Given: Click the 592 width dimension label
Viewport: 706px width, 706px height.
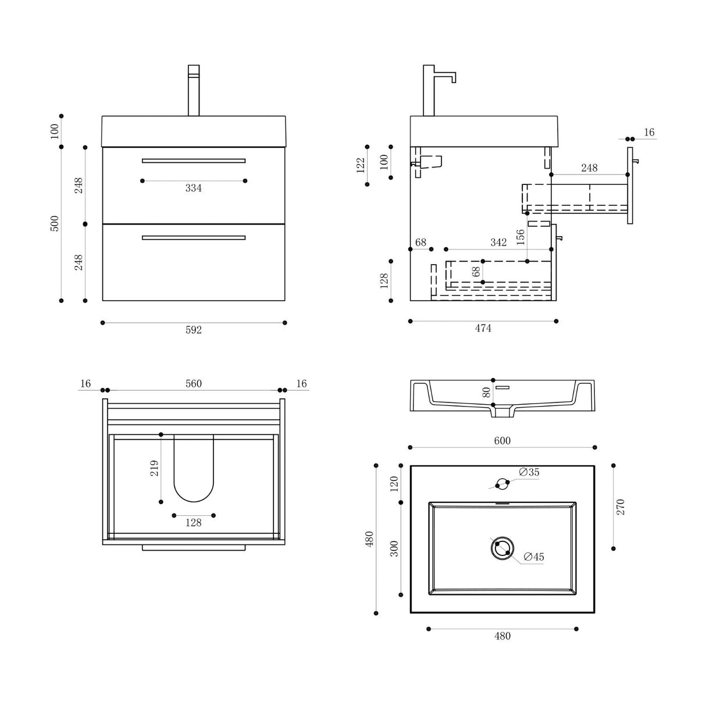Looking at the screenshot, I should click(x=193, y=330).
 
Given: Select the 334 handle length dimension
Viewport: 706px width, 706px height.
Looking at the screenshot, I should click(x=193, y=188).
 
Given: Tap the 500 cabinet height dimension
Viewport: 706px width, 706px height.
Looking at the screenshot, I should click(x=55, y=223).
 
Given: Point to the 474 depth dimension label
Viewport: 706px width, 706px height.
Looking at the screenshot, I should click(x=483, y=329).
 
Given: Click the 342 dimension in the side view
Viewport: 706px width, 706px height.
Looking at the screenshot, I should click(x=498, y=243).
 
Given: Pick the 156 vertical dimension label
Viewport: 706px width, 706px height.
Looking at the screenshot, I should click(x=520, y=237).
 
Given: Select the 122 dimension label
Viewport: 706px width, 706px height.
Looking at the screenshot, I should click(x=361, y=165).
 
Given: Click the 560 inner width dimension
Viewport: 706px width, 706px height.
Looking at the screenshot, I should click(x=193, y=384).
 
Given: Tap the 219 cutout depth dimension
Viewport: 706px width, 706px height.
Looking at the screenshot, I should click(x=154, y=468).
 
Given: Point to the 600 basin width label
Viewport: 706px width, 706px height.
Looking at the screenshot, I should click(x=502, y=441).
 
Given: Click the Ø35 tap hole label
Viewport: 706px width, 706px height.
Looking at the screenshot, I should click(x=529, y=472).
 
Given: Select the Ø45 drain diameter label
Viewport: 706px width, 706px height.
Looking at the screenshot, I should click(x=533, y=557).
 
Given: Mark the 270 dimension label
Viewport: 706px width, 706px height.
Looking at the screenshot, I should click(x=620, y=507).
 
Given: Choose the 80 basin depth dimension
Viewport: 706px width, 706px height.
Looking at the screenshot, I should click(x=486, y=392).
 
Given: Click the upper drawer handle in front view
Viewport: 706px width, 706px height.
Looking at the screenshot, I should click(x=194, y=161).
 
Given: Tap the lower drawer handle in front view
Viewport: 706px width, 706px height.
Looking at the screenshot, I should click(x=194, y=237).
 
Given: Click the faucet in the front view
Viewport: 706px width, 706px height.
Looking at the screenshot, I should click(x=194, y=90).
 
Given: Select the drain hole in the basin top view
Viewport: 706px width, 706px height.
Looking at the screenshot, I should click(x=501, y=548).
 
